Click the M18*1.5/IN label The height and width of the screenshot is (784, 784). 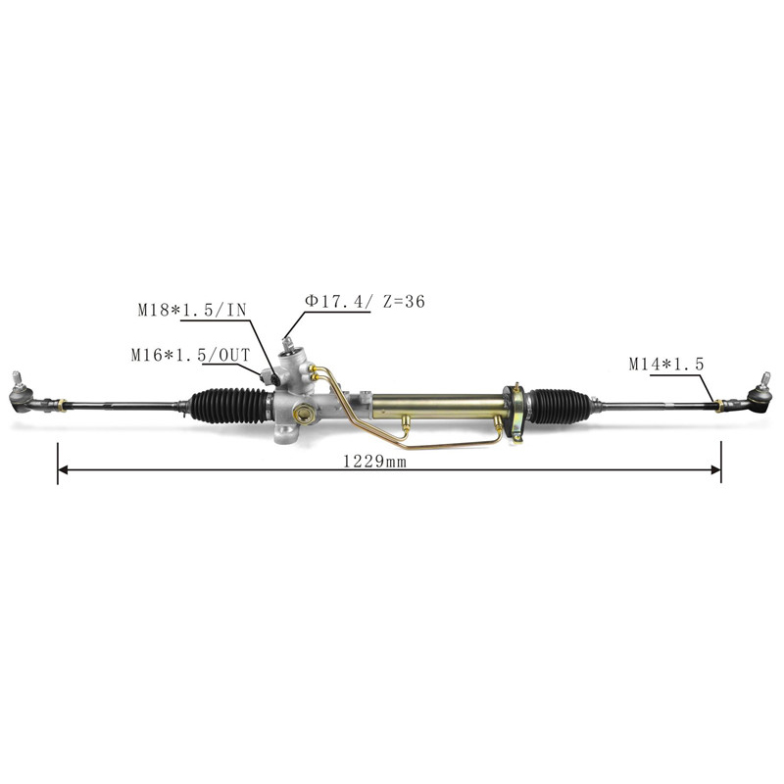click(x=192, y=310)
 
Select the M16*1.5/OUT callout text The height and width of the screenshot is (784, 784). click(x=190, y=355)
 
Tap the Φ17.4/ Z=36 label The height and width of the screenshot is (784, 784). click(x=365, y=302)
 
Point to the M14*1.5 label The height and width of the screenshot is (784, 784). click(x=666, y=364)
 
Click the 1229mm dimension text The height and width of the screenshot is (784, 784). click(x=374, y=462)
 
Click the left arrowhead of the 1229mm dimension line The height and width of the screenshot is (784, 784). click(x=63, y=469)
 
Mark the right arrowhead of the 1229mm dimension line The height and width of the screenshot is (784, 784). click(x=716, y=469)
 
